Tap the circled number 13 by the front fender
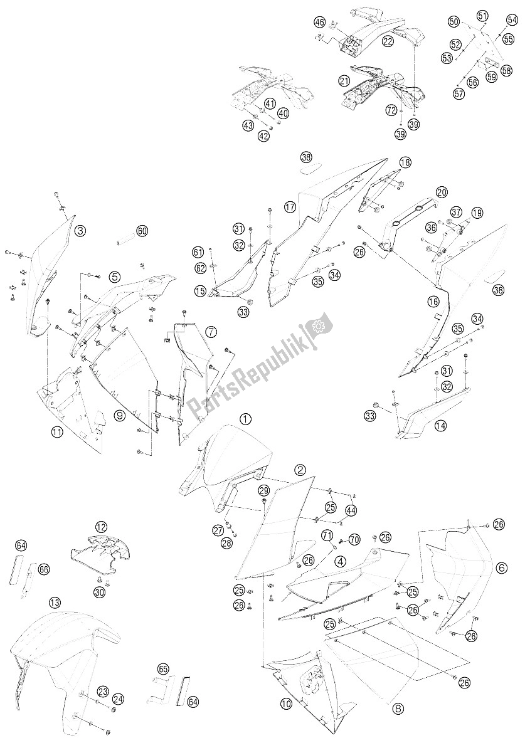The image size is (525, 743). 55,603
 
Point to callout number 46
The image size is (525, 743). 320,23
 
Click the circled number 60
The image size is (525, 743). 142,231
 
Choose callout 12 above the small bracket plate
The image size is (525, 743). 101,525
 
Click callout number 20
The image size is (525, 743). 442,192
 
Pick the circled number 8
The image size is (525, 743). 398,709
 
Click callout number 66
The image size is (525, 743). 43,569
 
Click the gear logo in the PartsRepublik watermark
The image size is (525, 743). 317,327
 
